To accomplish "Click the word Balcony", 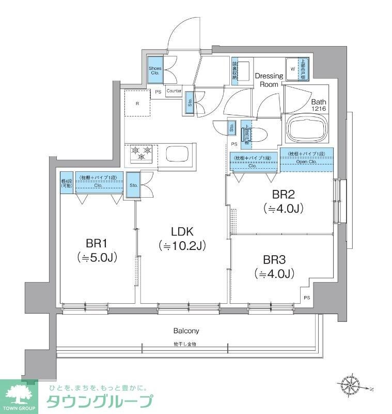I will pos(186,331).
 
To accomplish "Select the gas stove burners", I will pos(142,153).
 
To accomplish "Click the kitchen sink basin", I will pos(177,155).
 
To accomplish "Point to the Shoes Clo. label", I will pos(155,71).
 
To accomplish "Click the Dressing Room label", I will pos(269,80).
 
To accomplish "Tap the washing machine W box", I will pos(293,68).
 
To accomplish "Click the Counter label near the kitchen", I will pos(174,91).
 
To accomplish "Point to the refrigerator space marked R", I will pos(137,103).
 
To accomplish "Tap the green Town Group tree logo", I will pos(19,394).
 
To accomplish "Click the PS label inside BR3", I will pos(307,297).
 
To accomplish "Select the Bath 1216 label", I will pos(318,106).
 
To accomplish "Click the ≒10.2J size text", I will pos(182,246).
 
